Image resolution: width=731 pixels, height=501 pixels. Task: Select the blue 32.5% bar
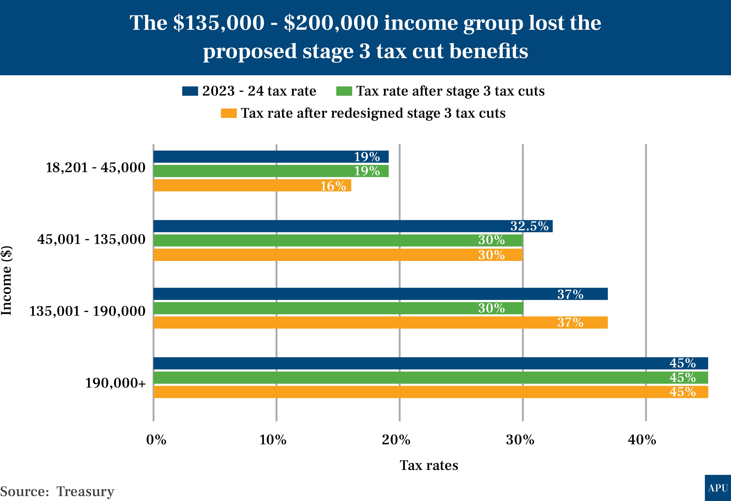(x=352, y=226)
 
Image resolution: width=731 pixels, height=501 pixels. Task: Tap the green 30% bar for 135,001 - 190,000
(x=338, y=308)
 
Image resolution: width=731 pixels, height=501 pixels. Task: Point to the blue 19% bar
(x=270, y=157)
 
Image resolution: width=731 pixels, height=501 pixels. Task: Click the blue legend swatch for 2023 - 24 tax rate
(x=190, y=91)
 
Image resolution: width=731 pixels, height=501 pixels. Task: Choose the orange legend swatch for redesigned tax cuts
(x=229, y=113)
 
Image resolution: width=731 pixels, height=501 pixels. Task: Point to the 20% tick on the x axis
(x=396, y=440)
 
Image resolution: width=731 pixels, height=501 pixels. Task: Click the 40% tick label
(x=642, y=440)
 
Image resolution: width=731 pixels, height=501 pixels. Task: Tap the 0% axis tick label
(x=156, y=440)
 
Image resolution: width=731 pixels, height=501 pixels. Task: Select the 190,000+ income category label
(x=115, y=383)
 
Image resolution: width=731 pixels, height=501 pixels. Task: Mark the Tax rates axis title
(x=429, y=465)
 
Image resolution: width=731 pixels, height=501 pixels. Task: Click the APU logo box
(x=718, y=488)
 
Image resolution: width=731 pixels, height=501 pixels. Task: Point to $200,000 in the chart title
(x=331, y=23)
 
